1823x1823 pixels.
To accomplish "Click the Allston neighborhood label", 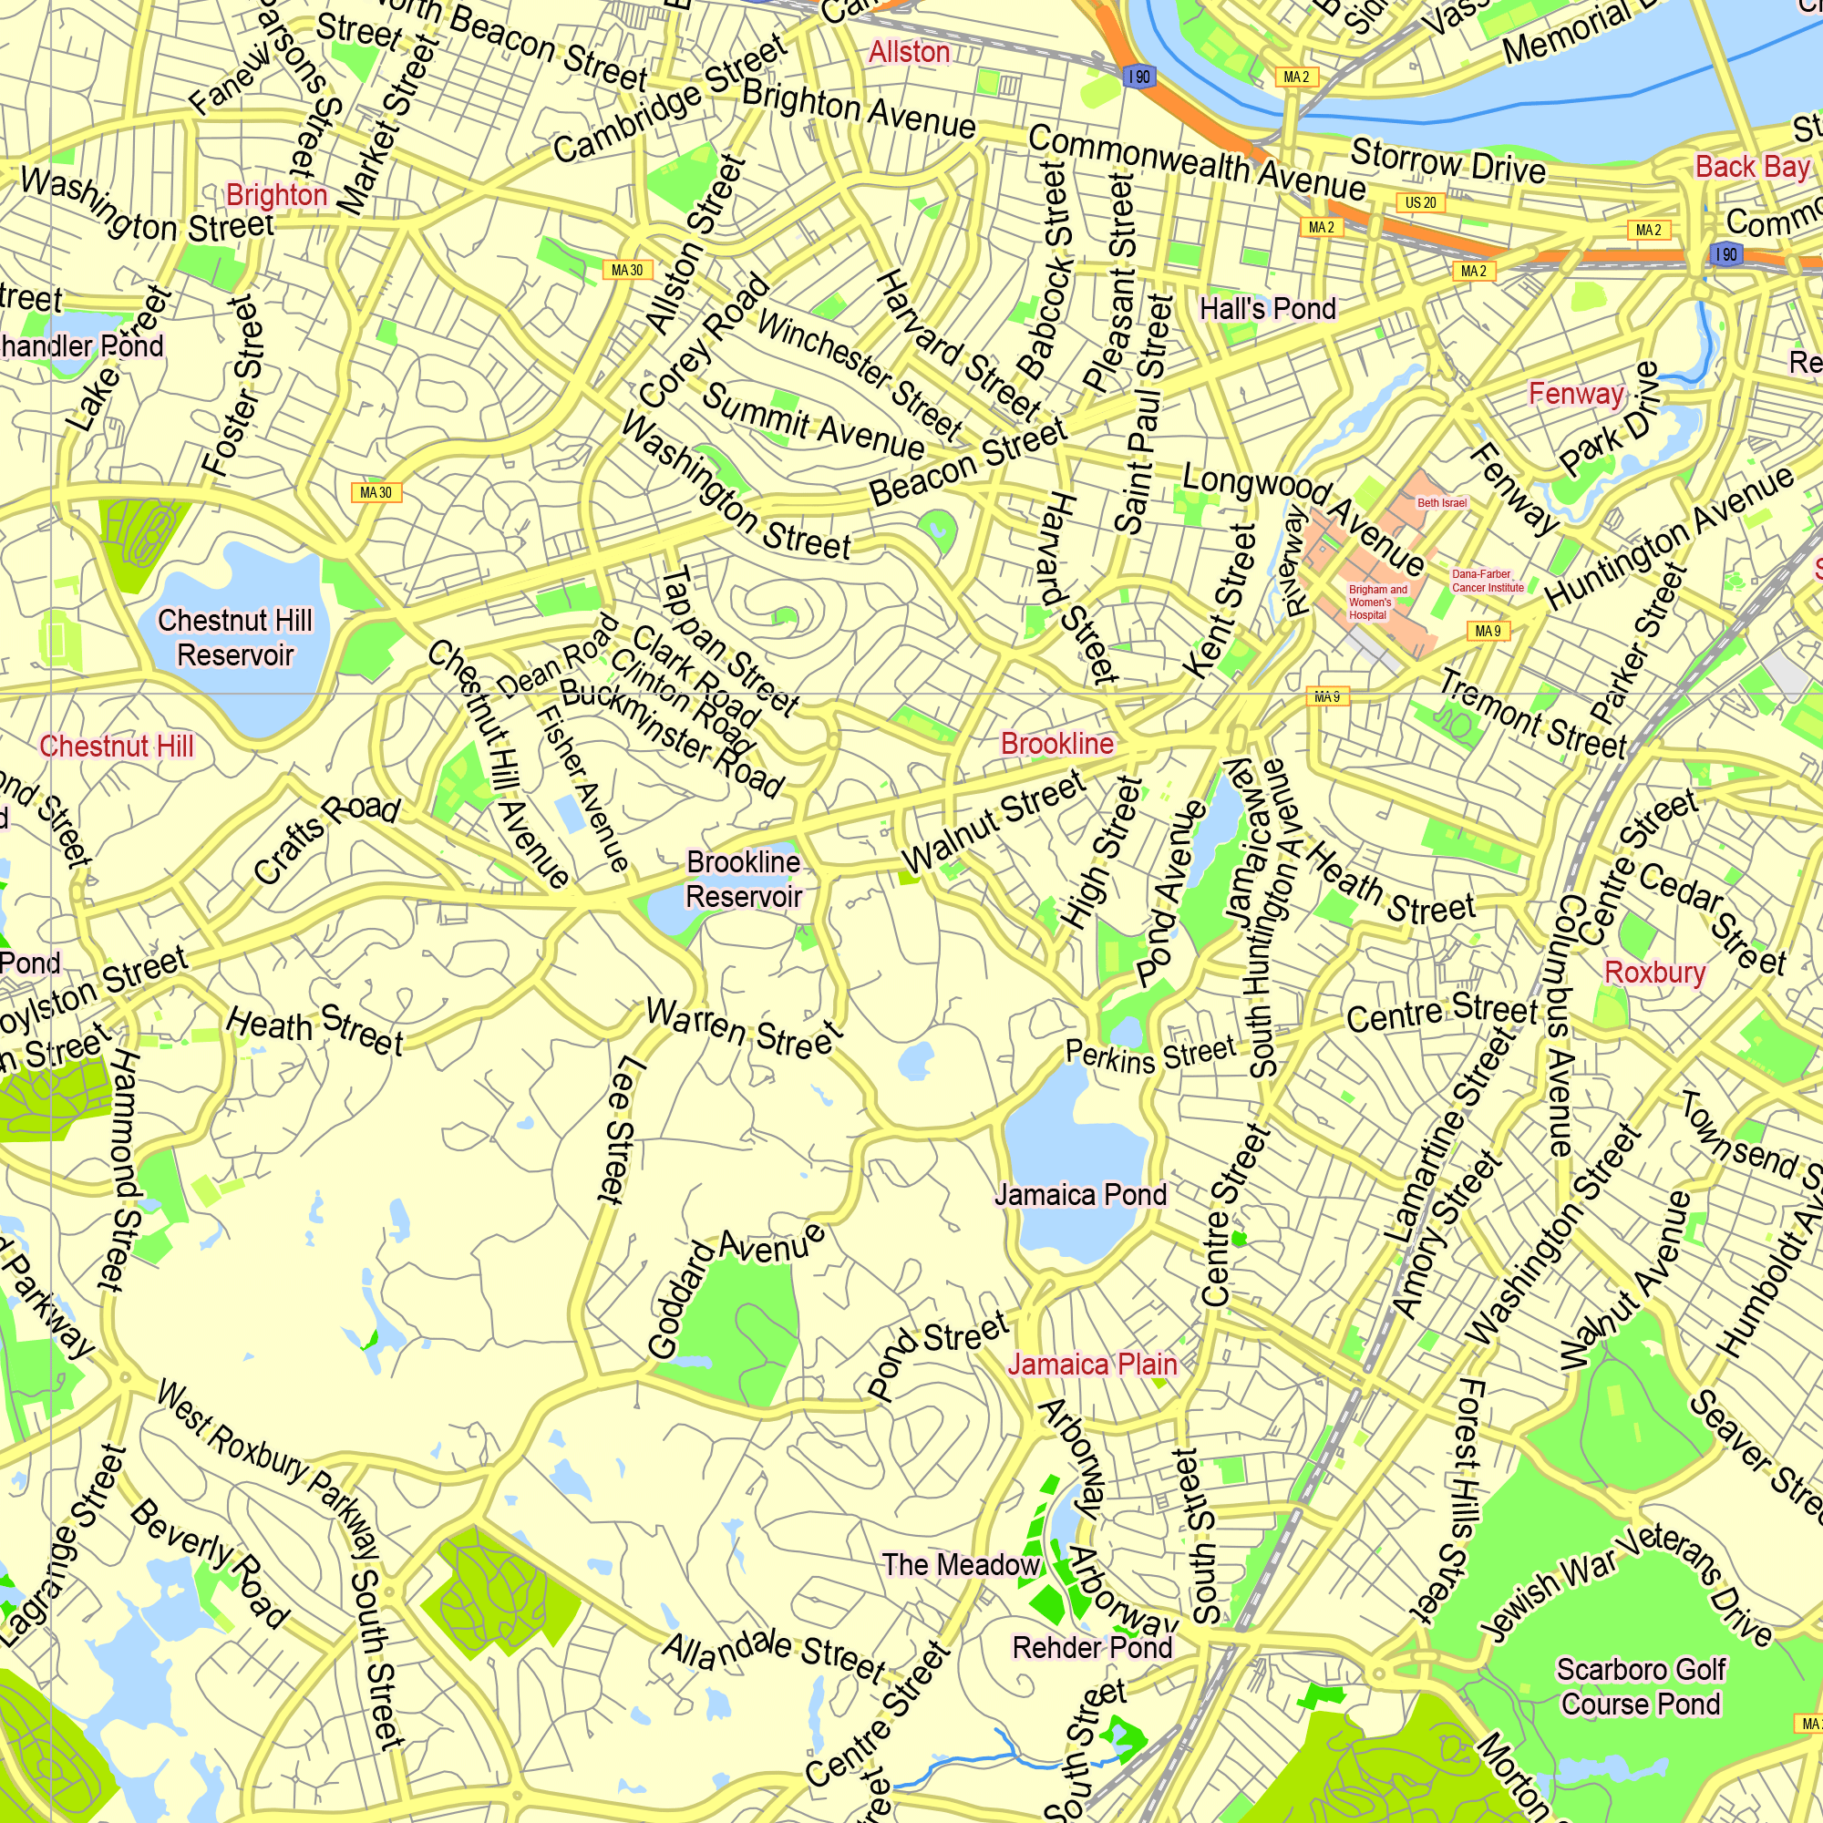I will [x=909, y=52].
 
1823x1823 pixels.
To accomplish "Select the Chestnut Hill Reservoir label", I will [x=235, y=638].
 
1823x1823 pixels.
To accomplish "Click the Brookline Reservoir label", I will [x=744, y=879].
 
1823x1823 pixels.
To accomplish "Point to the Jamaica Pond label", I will [x=1080, y=1195].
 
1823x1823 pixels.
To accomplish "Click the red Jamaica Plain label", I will [x=1093, y=1365].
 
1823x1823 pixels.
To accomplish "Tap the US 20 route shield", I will [x=1420, y=203].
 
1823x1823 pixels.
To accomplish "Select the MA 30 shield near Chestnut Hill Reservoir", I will [x=376, y=492].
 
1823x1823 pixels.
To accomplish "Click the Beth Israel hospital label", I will [x=1442, y=503].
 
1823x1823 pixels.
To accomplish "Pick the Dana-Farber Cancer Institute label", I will [x=1487, y=581].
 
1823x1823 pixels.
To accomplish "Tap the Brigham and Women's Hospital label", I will [x=1376, y=602].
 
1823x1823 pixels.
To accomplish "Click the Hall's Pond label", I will [x=1267, y=309].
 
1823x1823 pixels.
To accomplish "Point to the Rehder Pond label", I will [x=1092, y=1647].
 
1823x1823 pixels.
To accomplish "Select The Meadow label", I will [x=961, y=1564].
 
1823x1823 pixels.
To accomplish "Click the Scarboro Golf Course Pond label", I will [x=1641, y=1686].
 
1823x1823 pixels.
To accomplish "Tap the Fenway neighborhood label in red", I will [x=1577, y=394].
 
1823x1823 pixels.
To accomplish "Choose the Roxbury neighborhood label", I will [x=1655, y=972].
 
